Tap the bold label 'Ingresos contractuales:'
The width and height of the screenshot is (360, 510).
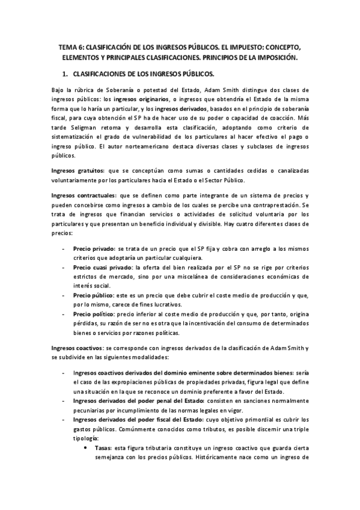(84, 197)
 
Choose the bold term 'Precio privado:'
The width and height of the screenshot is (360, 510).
(94, 248)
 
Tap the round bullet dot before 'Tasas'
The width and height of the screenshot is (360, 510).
(88, 447)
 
